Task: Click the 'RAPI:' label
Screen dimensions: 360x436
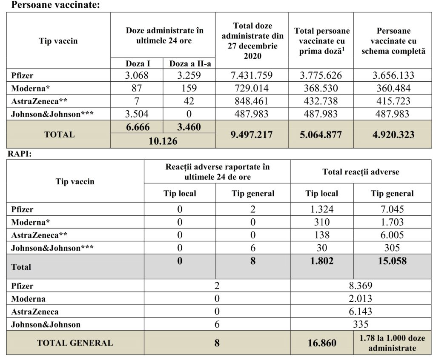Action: pos(20,154)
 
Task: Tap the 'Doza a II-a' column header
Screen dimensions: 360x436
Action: pos(189,64)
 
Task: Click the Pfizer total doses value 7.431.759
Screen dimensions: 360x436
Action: pos(251,76)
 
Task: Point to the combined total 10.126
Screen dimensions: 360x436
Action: pos(163,141)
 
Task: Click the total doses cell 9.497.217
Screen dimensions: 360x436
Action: pos(251,134)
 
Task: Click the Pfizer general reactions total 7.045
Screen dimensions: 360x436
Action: pos(392,209)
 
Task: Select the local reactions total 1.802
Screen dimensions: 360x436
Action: pos(321,261)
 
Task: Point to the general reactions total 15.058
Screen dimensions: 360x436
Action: pos(392,261)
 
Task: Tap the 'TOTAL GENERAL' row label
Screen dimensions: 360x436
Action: pos(75,343)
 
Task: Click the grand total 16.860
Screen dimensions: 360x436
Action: pos(321,343)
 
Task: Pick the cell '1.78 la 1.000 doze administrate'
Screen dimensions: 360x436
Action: pos(392,343)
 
